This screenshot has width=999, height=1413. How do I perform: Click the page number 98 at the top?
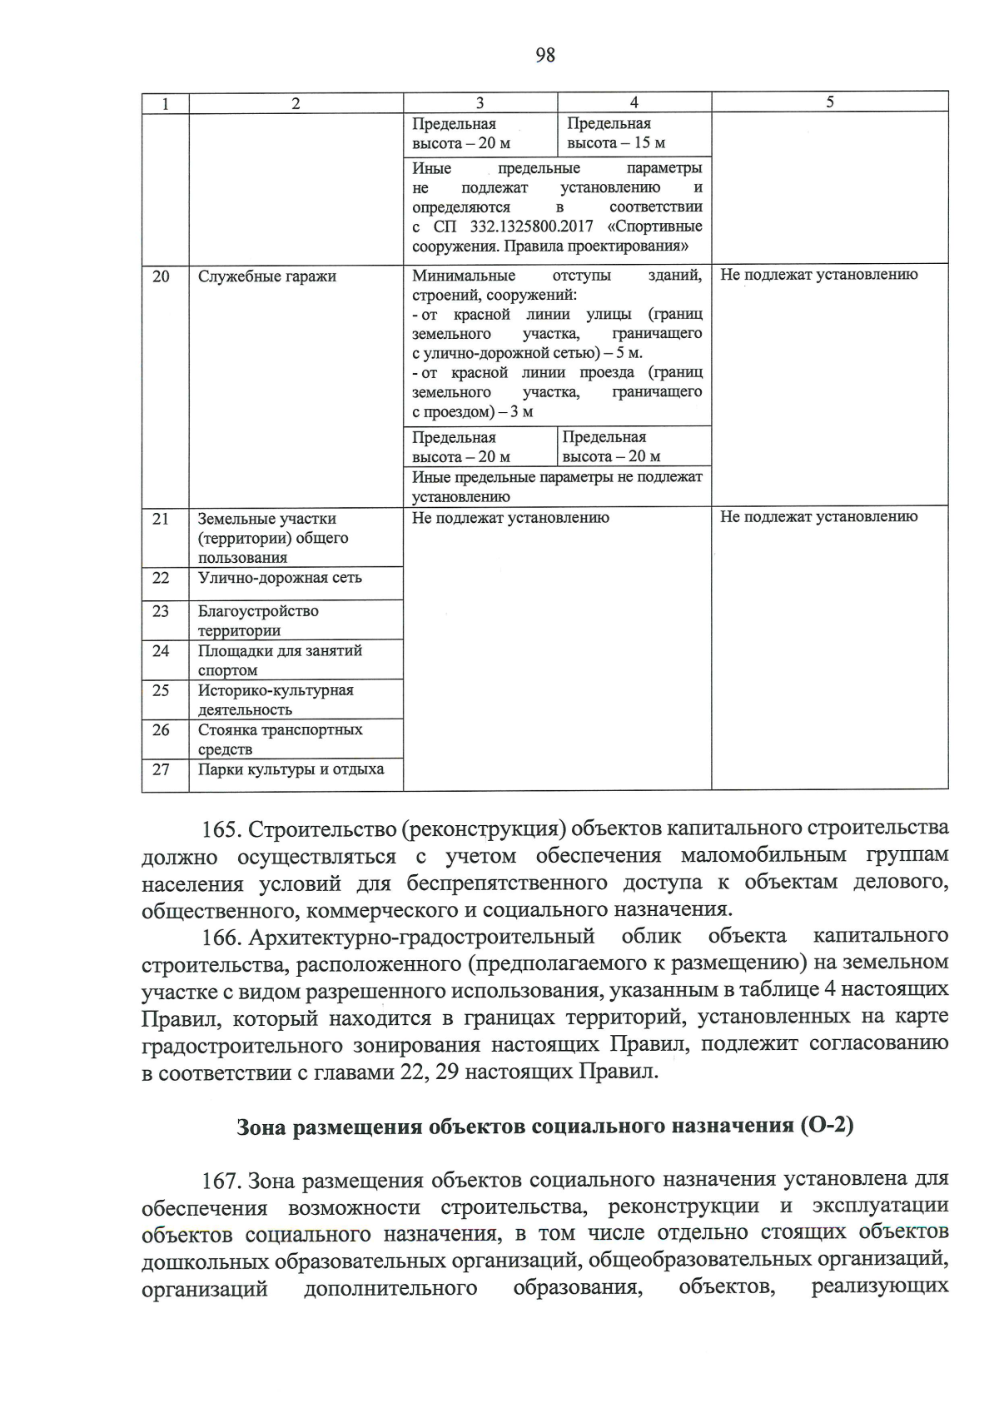tap(545, 55)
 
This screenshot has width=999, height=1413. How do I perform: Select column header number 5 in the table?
tap(829, 102)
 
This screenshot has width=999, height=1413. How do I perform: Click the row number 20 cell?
tap(162, 276)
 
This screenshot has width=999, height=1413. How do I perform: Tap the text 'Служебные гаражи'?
tap(266, 276)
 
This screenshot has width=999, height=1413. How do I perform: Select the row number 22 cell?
tap(161, 578)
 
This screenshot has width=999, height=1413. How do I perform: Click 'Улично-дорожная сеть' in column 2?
tap(280, 578)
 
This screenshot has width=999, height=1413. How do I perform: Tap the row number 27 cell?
tap(161, 769)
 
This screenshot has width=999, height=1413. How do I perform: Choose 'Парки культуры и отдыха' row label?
tap(291, 769)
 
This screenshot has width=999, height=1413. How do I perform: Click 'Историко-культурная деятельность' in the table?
tap(275, 699)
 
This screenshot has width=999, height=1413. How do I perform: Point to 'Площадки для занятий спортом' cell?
tap(279, 660)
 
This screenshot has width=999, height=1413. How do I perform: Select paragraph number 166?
tap(221, 938)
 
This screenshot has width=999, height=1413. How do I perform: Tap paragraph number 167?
tap(221, 1181)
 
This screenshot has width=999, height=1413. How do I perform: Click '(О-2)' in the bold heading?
tap(826, 1126)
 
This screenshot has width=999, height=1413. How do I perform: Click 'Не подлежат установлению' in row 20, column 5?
tap(818, 275)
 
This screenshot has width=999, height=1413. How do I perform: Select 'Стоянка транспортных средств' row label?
tap(280, 739)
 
